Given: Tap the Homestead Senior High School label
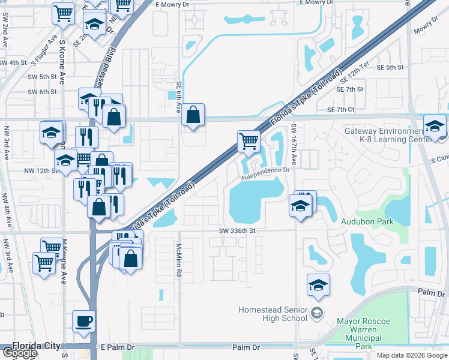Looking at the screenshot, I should [x=273, y=314].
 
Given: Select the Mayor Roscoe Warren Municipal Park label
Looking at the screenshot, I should [x=364, y=334].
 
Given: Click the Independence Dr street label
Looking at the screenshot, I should [x=265, y=174].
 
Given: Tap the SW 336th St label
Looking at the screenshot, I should [x=237, y=230].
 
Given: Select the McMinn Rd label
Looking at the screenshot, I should [x=178, y=260].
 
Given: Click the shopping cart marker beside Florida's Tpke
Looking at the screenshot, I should [x=249, y=142].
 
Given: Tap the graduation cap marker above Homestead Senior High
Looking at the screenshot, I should [x=319, y=285].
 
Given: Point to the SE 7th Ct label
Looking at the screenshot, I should [x=341, y=110].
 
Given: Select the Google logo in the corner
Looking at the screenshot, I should [x=20, y=353].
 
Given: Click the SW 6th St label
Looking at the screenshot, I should [x=42, y=92].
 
